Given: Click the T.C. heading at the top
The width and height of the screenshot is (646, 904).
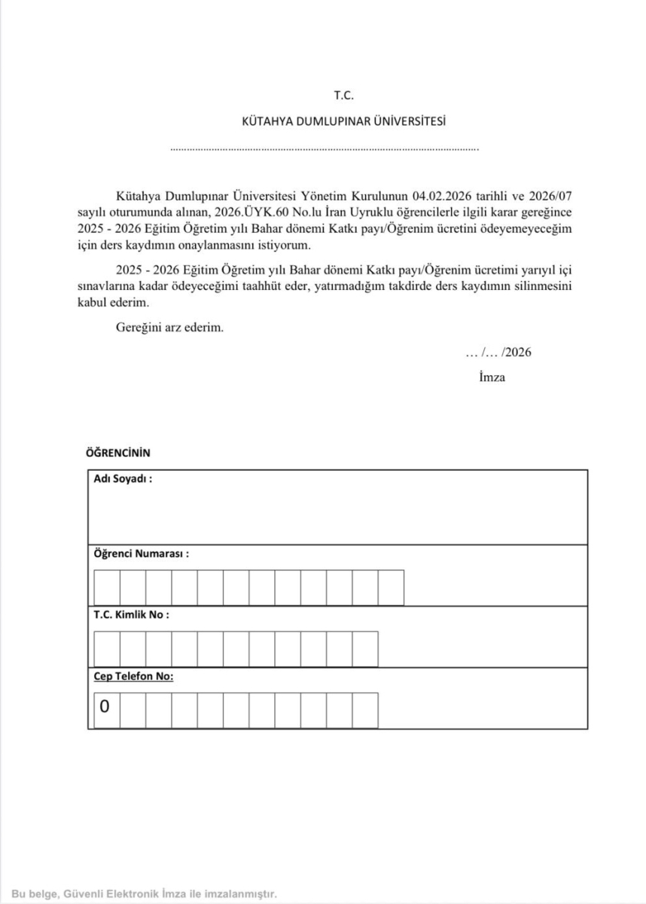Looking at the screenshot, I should coord(343,96).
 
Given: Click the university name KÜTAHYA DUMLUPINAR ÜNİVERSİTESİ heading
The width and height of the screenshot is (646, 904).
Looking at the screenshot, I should coord(343,121).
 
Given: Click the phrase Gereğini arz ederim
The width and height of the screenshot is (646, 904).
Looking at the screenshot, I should coord(170,328).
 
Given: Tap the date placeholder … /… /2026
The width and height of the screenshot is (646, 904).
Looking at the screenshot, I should coord(498,353).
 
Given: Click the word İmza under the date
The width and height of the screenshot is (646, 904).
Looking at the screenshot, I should coord(492,377).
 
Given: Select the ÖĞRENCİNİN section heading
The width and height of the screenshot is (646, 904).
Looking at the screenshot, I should coord(119,453).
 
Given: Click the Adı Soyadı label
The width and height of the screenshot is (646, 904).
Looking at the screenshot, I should coord(123,478).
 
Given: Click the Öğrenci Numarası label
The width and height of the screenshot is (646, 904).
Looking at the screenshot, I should coord(141,553).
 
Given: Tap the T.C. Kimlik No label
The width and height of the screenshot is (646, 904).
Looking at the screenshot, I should coord(131,614).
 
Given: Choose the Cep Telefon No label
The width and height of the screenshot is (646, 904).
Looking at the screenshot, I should coord(133,676).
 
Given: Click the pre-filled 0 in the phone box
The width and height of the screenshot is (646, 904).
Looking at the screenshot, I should coord(105,707).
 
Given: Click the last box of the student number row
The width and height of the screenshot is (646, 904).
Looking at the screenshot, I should coord(391,588).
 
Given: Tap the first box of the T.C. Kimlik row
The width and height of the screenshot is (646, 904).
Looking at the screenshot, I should coord(107,649).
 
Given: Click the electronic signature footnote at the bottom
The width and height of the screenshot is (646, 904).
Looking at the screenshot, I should coord(145,893).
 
